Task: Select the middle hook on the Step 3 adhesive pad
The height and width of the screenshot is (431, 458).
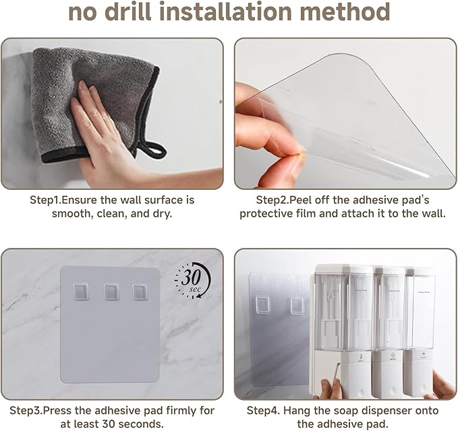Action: pos(111,292)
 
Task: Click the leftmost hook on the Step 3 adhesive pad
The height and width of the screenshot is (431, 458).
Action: pos(82,292)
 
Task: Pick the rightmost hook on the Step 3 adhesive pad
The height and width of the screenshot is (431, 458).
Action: pos(140,292)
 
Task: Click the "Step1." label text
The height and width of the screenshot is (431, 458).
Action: pos(47,201)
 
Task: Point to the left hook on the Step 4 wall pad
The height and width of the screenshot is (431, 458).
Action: pos(263,305)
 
